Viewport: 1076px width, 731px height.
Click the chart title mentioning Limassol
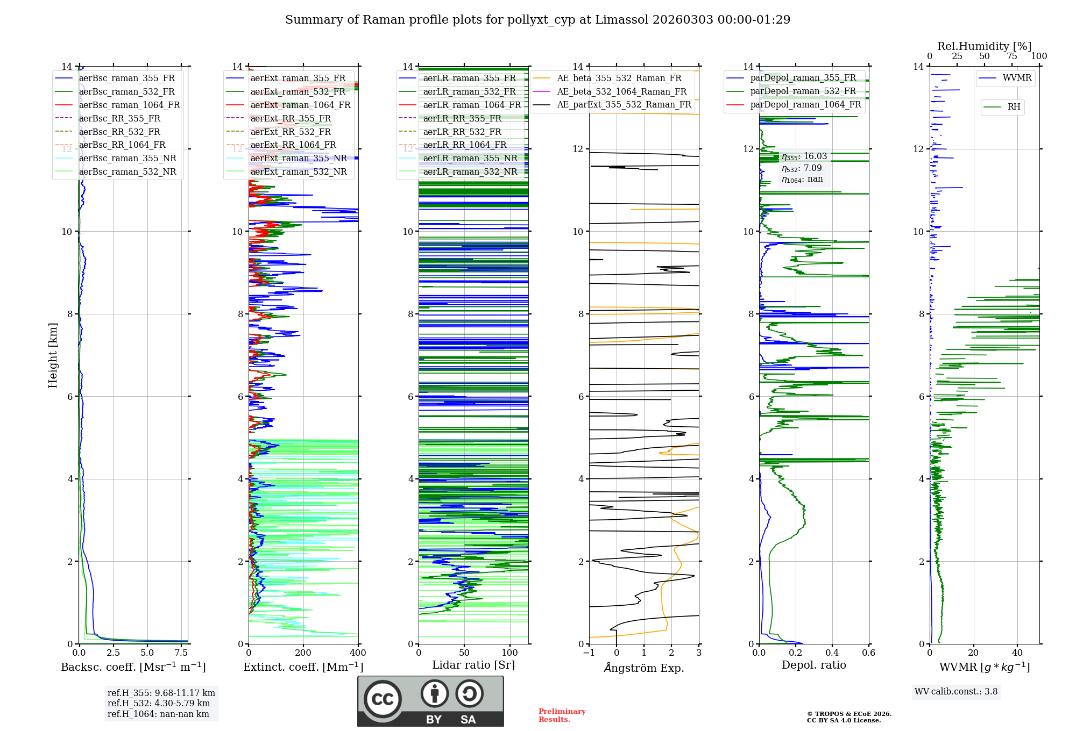[x=537, y=20]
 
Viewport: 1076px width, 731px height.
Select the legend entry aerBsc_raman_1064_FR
[x=129, y=105]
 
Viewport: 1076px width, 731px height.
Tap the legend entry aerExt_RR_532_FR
[x=291, y=132]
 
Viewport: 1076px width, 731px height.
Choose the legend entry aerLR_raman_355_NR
[x=470, y=158]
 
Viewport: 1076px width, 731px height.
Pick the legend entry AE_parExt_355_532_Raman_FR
[x=624, y=104]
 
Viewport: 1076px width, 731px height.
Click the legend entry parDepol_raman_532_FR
[x=803, y=91]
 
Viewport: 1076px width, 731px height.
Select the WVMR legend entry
[x=1017, y=78]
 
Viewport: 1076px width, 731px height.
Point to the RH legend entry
[x=1014, y=107]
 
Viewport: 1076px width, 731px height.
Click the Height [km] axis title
[x=53, y=355]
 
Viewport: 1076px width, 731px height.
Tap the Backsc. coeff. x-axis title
[x=133, y=667]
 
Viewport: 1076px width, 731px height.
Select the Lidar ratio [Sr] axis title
[x=473, y=665]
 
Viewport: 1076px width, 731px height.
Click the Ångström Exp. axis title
[x=644, y=668]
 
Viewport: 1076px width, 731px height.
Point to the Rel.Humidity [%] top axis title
[x=984, y=46]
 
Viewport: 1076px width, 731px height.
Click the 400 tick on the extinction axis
[x=358, y=653]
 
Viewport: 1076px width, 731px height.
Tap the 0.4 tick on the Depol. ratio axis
[x=832, y=653]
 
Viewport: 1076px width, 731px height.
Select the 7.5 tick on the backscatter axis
[x=181, y=653]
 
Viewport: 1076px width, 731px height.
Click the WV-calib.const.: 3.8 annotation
[x=956, y=692]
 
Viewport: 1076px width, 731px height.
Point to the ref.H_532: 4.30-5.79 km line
[x=159, y=703]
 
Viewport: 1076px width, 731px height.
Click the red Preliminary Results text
[x=562, y=715]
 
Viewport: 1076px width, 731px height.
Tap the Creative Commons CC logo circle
[x=383, y=699]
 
